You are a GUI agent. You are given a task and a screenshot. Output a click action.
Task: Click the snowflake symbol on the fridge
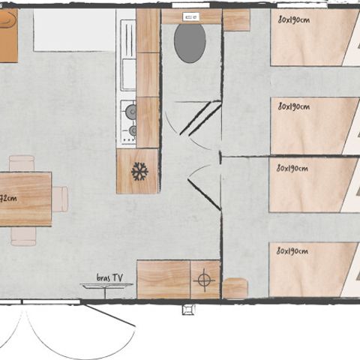[139, 172]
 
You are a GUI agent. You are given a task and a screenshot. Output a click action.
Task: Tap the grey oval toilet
[190, 43]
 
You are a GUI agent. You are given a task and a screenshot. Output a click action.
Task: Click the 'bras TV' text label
[109, 277]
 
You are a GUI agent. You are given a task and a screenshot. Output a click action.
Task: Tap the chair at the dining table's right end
[60, 199]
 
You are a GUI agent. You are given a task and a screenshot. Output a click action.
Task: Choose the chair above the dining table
[22, 163]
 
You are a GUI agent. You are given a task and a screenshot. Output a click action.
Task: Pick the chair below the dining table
[23, 235]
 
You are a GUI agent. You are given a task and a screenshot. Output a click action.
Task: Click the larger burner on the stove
[131, 112]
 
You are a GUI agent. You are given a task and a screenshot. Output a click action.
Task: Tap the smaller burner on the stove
[133, 130]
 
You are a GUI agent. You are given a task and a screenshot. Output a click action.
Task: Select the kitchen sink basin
[128, 73]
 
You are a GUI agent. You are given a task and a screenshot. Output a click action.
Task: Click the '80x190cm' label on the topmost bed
[292, 19]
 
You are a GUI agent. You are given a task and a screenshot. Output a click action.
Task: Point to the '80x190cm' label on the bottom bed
[292, 250]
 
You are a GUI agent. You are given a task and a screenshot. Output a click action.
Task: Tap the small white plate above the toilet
[190, 15]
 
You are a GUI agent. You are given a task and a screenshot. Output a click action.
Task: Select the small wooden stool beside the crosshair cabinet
[235, 288]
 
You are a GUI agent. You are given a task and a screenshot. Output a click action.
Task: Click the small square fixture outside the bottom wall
[187, 307]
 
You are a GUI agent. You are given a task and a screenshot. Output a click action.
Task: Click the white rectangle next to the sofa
[73, 30]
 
